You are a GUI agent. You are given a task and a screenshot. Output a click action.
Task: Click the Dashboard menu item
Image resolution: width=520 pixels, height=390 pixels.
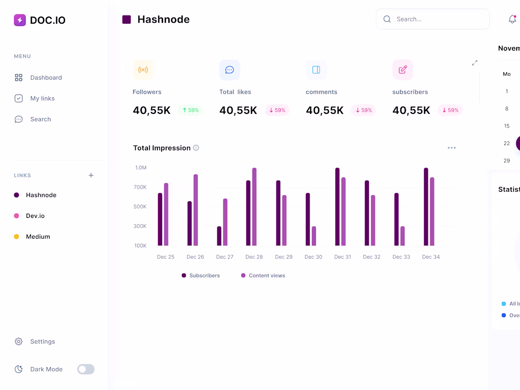(45, 78)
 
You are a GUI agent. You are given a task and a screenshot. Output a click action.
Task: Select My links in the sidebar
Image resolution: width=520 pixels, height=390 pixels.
(42, 98)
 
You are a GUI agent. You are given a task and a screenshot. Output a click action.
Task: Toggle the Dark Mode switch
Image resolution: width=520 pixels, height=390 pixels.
(86, 369)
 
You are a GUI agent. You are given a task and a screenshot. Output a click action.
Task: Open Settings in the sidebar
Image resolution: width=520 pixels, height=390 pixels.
(42, 341)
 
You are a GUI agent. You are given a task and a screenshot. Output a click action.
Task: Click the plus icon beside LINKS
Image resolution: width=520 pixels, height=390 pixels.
(91, 175)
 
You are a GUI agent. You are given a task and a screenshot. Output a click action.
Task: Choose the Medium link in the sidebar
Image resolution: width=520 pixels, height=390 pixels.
(37, 236)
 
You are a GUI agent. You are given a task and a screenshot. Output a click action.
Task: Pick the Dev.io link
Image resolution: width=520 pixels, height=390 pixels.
(35, 216)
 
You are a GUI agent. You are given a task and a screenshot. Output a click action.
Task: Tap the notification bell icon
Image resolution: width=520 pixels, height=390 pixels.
(512, 19)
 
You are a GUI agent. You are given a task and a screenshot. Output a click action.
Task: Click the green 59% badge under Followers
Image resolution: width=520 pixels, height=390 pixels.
(191, 110)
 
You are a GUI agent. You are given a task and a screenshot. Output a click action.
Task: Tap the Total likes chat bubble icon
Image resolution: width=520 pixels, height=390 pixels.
(229, 70)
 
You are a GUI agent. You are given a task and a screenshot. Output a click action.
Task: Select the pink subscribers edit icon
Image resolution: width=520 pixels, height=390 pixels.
(403, 70)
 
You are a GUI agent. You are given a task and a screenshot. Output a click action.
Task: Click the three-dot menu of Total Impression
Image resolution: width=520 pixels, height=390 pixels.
(451, 148)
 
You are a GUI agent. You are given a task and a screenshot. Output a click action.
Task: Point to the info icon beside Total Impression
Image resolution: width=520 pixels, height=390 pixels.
(196, 148)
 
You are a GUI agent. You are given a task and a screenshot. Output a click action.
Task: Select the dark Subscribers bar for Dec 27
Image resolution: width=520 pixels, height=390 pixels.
(219, 236)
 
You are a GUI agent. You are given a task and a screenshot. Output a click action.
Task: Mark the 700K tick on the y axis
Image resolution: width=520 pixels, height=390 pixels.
(140, 187)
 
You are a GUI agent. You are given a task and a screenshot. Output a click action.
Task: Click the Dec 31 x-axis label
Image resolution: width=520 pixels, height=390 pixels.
(342, 257)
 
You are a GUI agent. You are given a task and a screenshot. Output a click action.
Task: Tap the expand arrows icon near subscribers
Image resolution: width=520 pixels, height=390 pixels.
(475, 63)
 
